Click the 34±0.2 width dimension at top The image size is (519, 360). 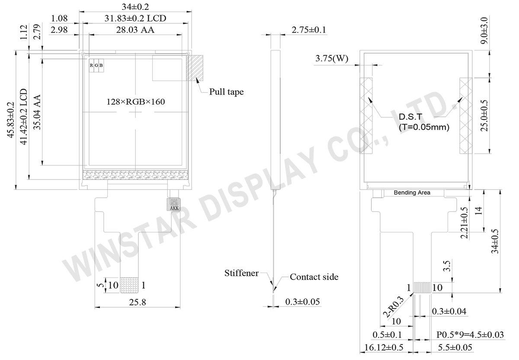tap(135, 7)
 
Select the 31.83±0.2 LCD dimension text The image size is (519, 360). tap(135, 18)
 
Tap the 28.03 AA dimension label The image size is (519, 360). tap(135, 30)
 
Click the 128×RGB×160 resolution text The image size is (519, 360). tap(135, 102)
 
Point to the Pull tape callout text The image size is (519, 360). tap(226, 92)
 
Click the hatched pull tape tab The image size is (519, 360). tap(195, 67)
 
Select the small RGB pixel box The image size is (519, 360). tap(96, 65)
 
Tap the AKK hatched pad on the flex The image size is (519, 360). tap(173, 204)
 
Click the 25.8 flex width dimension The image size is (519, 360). tap(138, 302)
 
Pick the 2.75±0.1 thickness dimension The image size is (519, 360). tap(309, 30)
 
